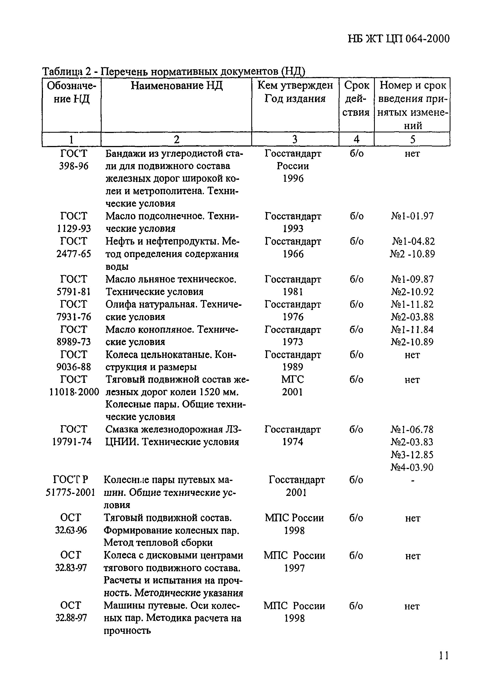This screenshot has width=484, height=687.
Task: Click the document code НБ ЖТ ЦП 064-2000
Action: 398,39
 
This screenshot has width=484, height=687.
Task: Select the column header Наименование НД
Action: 176,86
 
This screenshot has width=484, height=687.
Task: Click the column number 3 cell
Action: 295,139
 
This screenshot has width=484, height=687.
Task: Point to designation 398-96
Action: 74,166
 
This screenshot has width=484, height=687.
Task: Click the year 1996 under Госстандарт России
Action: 293,179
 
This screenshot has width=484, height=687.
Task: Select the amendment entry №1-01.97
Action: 412,216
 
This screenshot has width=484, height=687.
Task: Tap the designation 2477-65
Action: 74,254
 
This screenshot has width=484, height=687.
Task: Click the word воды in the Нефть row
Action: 117,266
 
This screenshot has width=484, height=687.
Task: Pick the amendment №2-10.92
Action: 412,292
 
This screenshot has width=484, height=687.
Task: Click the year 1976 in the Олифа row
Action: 293,317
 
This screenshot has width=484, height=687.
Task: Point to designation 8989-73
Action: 74,342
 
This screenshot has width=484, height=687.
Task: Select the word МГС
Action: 293,380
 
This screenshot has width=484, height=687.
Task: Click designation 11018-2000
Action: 74,392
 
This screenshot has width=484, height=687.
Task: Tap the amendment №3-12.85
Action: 412,455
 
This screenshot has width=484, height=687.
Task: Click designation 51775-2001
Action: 70,493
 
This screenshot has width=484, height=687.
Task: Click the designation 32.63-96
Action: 71,530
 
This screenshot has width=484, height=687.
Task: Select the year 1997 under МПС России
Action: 294,568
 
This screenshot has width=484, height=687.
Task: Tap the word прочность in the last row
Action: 127,631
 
